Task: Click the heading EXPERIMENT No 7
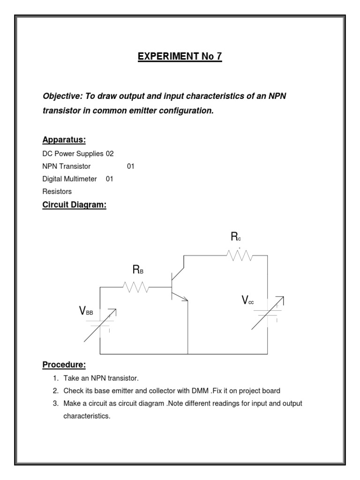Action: pyautogui.click(x=180, y=57)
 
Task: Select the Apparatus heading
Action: pyautogui.click(x=64, y=140)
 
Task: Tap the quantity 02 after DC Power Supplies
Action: pyautogui.click(x=110, y=154)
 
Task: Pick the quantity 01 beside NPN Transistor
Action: pyautogui.click(x=131, y=166)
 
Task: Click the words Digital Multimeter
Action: pyautogui.click(x=70, y=179)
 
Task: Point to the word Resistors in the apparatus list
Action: pyautogui.click(x=57, y=191)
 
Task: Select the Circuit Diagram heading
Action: pyautogui.click(x=75, y=205)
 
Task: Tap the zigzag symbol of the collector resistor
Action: pyautogui.click(x=239, y=255)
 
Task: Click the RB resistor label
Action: pyautogui.click(x=138, y=270)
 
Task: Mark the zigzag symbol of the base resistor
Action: pyautogui.click(x=136, y=287)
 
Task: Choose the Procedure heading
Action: pyautogui.click(x=64, y=365)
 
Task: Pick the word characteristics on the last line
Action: pyautogui.click(x=87, y=416)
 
